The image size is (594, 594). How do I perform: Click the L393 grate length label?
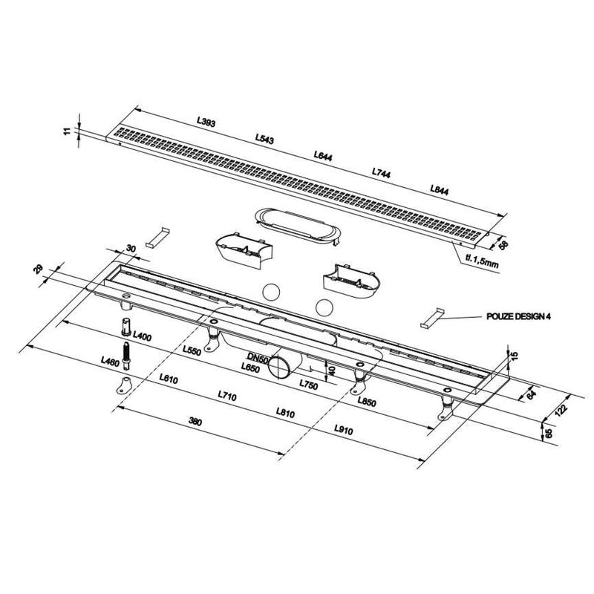tap(206, 122)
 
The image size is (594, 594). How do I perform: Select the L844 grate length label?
tap(439, 189)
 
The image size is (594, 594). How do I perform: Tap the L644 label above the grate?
tap(323, 155)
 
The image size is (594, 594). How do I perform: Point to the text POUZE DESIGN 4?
tap(518, 317)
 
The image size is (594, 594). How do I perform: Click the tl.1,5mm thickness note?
tap(482, 261)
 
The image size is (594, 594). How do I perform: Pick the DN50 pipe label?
tap(258, 357)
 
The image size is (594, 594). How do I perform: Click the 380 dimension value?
tap(195, 421)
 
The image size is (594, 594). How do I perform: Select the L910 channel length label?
tap(344, 430)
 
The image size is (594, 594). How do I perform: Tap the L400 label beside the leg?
tap(142, 336)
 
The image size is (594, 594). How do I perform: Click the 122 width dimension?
tap(562, 410)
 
